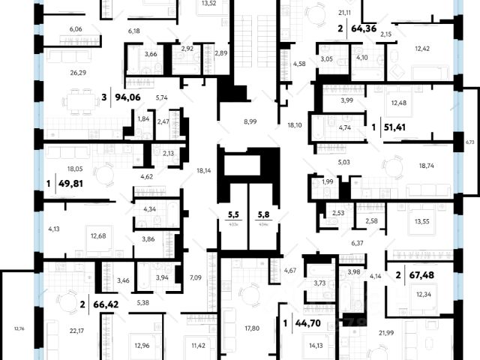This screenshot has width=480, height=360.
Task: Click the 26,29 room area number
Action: pos(57,72)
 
